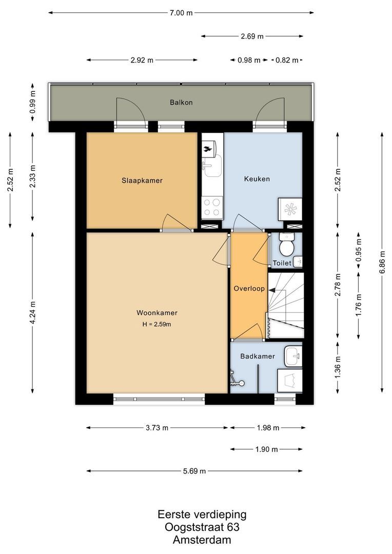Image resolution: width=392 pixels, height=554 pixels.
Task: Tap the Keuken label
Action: point(257,179)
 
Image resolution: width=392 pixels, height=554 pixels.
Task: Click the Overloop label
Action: point(249,289)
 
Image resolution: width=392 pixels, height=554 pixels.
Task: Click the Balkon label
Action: point(181,102)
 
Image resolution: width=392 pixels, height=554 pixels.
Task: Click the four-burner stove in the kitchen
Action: point(211,208)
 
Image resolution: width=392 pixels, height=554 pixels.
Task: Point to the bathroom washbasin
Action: point(293,355)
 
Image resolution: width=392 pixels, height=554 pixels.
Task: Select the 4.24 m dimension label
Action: point(33,312)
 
